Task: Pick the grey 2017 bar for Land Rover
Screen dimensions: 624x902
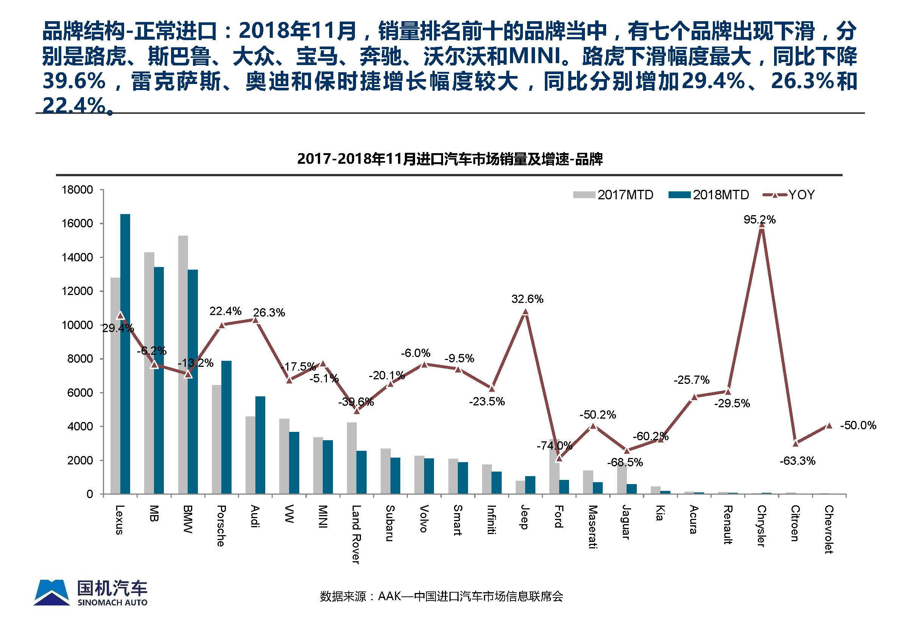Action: tap(351, 458)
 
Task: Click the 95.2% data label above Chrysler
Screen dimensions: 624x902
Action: tap(759, 220)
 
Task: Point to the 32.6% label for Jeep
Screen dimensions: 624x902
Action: tap(527, 299)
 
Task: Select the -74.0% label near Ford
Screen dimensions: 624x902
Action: tap(554, 445)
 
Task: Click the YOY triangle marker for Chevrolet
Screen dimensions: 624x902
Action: tap(829, 426)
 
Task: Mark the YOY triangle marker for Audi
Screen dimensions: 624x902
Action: tap(255, 320)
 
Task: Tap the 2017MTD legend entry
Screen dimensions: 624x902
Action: tap(613, 195)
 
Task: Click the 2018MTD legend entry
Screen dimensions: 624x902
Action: tap(709, 195)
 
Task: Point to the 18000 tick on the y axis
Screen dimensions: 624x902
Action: tap(78, 190)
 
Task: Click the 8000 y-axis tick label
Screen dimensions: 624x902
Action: tap(80, 359)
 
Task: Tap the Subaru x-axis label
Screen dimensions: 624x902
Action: tap(390, 523)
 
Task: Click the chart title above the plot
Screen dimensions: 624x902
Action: tap(450, 159)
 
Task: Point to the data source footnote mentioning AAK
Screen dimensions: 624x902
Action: tap(441, 596)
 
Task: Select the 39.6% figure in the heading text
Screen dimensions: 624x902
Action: tap(74, 81)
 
